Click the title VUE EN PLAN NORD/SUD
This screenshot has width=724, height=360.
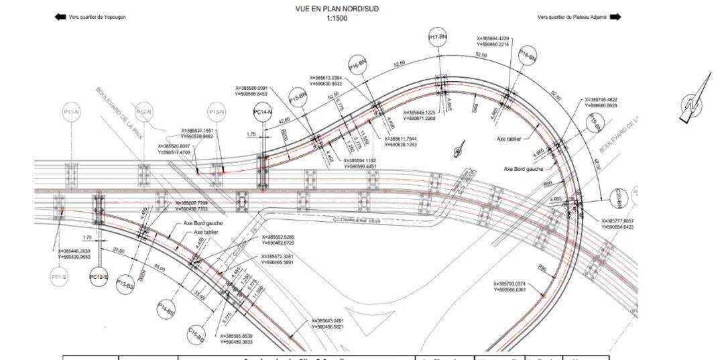point(337,10)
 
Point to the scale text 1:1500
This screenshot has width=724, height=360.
point(337,19)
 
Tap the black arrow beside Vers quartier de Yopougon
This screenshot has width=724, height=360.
point(59,17)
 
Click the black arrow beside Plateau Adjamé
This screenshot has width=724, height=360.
point(615,17)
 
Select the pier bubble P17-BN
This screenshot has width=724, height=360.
point(438,38)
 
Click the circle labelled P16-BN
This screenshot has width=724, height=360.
point(358,65)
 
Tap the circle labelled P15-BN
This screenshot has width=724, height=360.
point(298,97)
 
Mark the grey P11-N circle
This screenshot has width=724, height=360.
point(71,112)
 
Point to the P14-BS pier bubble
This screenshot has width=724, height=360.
point(166,310)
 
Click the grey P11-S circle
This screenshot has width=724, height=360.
point(59,276)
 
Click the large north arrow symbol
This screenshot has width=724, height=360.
point(694,101)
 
